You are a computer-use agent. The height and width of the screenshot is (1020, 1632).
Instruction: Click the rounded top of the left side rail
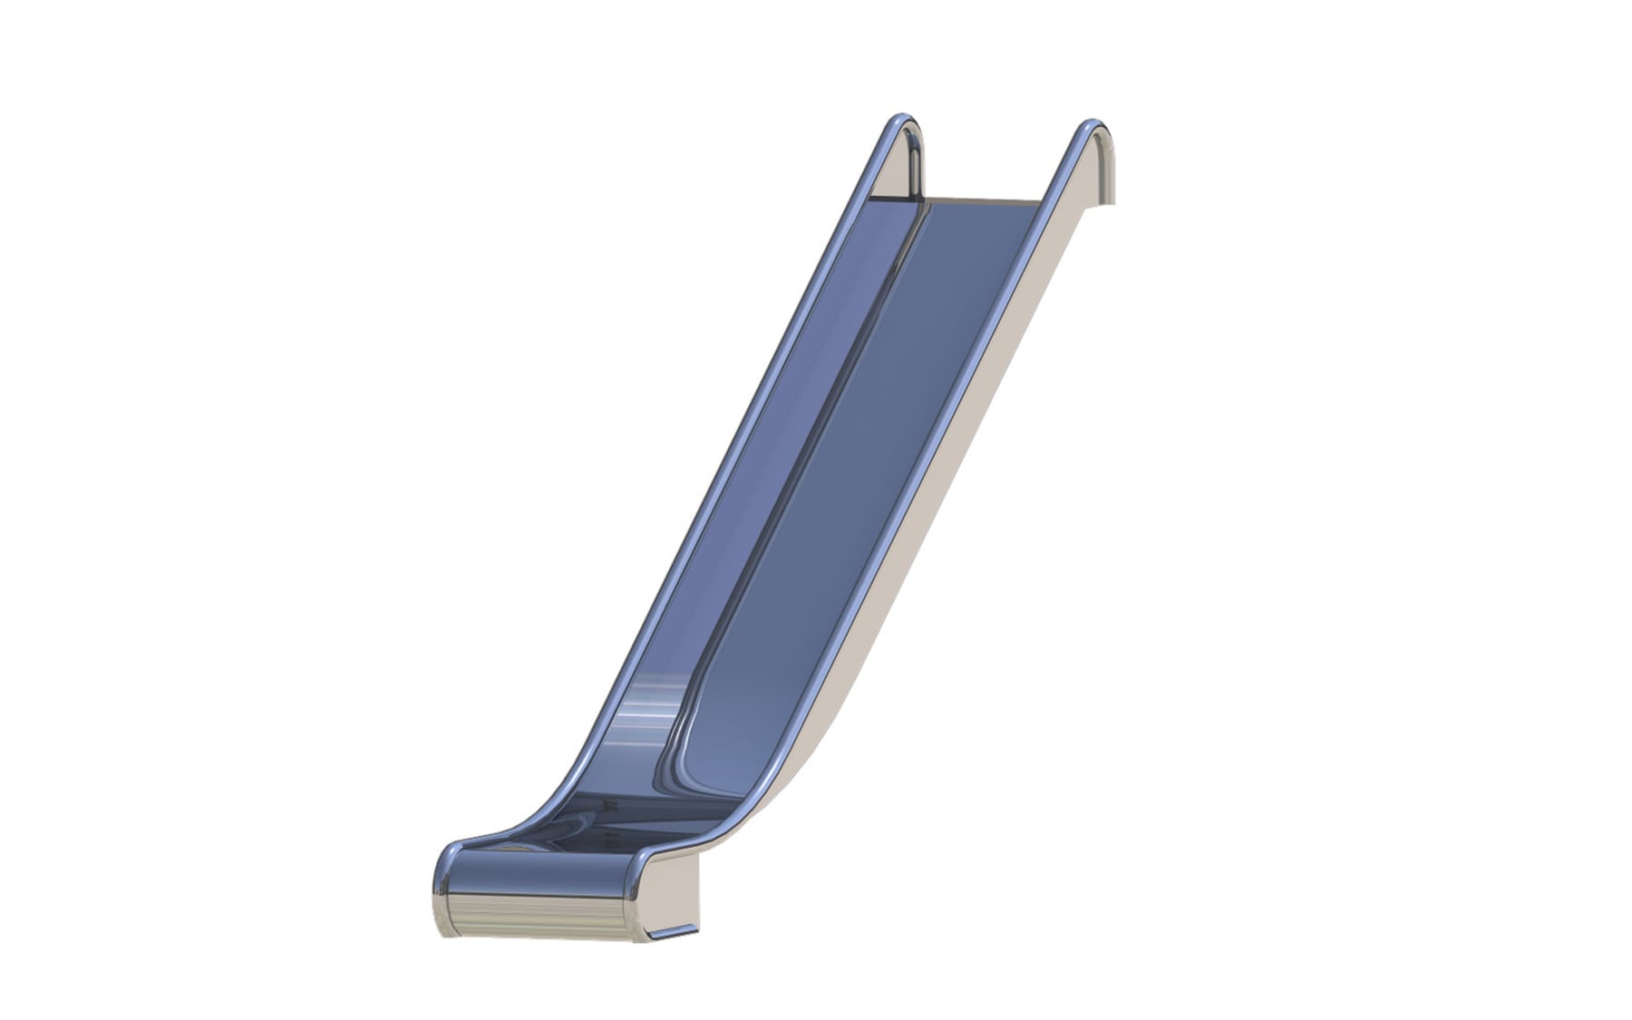tap(901, 122)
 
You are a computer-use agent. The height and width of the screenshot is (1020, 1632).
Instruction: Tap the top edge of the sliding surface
tap(984, 200)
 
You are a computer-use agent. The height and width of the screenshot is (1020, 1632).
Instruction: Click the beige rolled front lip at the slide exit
tap(535, 916)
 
